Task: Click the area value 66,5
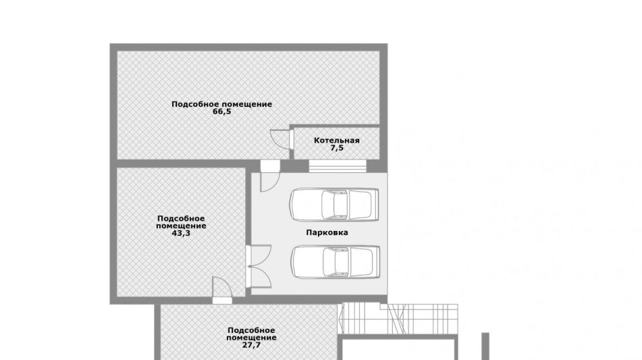[222, 111]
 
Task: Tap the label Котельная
[337, 140]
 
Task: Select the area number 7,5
[337, 148]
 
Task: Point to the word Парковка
[327, 232]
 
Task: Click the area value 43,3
[181, 234]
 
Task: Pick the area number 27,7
[251, 345]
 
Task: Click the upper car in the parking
[333, 205]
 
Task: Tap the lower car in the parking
[336, 261]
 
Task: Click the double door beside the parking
[258, 266]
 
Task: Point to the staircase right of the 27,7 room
[400, 319]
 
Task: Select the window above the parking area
[338, 166]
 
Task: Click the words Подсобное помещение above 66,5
[221, 104]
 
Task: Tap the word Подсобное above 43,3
[181, 219]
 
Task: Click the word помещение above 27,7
[251, 338]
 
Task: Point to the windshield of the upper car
[348, 205]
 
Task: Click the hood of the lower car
[365, 261]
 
